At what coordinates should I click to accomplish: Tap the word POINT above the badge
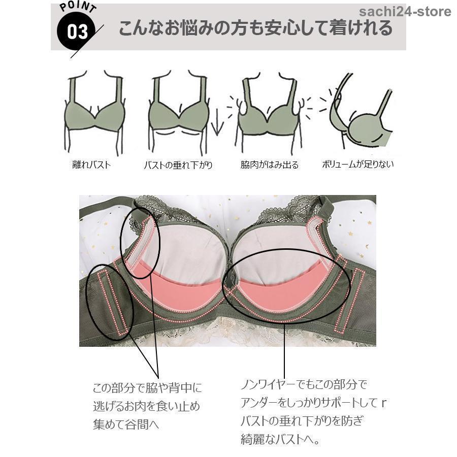pos(78,7)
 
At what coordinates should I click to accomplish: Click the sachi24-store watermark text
pos(405,12)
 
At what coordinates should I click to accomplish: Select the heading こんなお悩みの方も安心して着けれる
pos(255,28)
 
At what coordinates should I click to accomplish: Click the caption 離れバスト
pos(91,165)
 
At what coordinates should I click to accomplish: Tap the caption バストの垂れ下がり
pos(178,165)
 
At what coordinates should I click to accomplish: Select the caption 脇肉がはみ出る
pos(269,165)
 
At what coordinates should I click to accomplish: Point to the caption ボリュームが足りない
pos(357,164)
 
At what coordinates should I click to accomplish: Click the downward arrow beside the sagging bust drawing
pos(217,125)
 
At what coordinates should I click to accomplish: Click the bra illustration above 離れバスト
pos(94,112)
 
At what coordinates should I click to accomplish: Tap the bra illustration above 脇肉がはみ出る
pos(269,112)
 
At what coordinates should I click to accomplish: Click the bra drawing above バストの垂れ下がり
pos(178,112)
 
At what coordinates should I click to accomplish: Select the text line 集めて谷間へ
pos(126,424)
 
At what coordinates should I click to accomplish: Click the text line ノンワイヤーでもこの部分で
pos(304,384)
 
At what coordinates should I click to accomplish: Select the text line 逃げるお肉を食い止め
pos(147,406)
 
